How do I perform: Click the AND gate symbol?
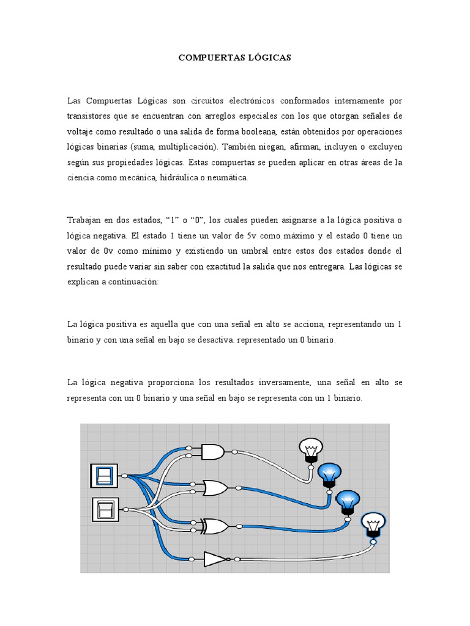(x=212, y=452)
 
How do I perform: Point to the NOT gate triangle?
(x=215, y=559)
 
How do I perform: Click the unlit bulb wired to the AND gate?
(x=311, y=451)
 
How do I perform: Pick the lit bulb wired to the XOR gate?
(x=348, y=501)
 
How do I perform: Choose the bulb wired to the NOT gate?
(x=373, y=525)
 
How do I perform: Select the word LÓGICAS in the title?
(x=270, y=58)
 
